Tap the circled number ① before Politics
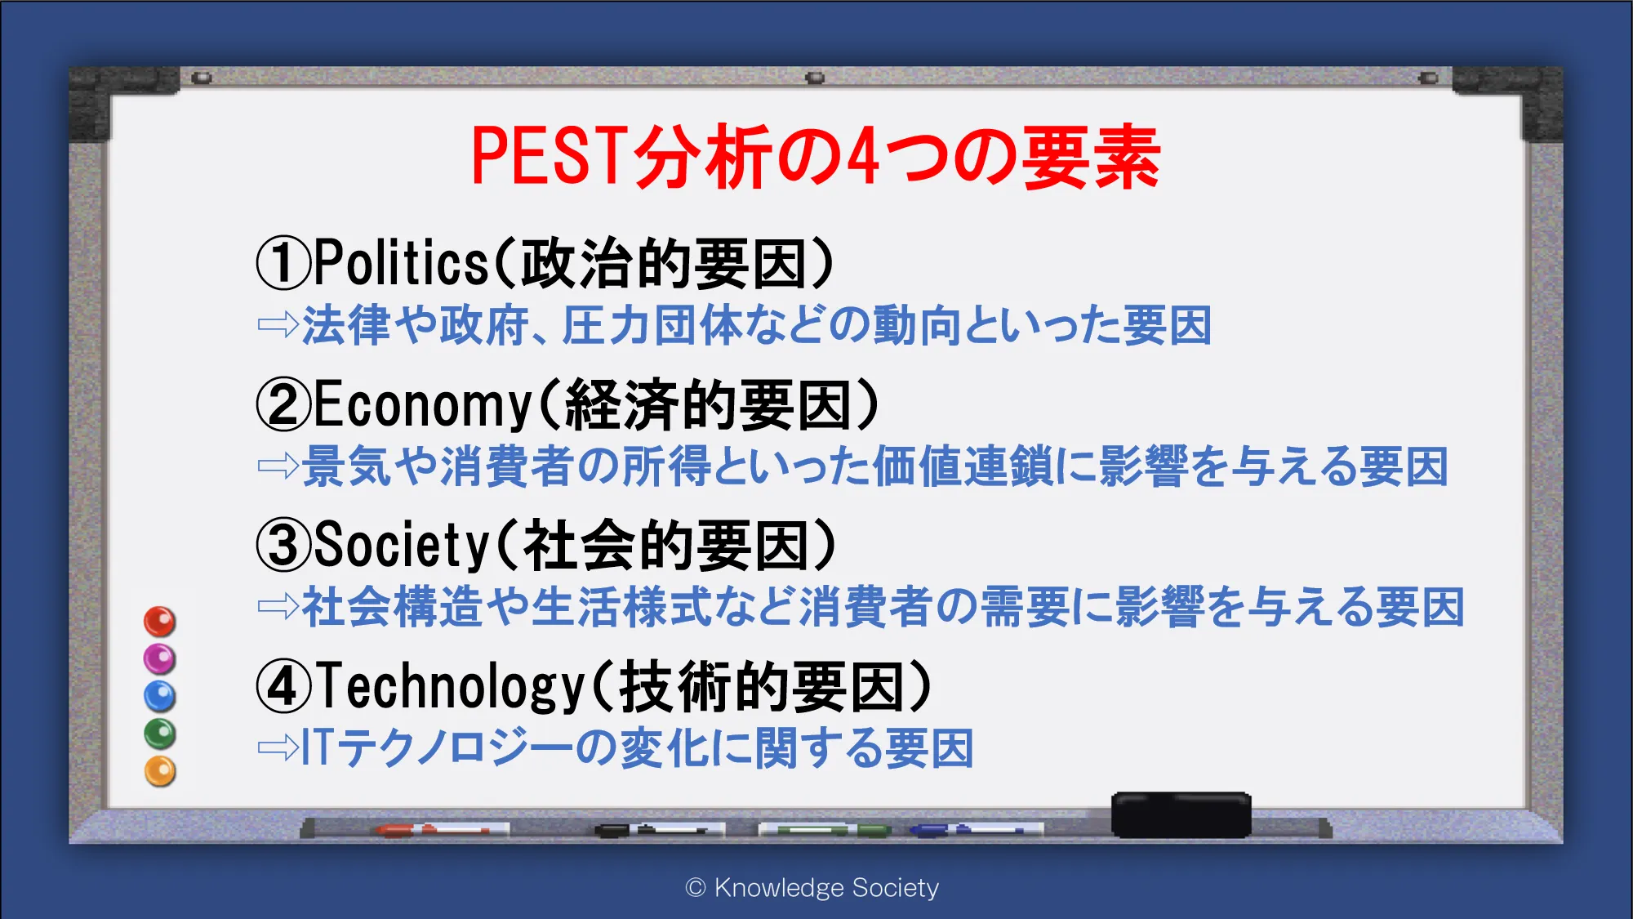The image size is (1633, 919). click(x=284, y=263)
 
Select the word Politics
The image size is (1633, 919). click(x=401, y=263)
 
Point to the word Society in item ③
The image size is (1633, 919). click(x=401, y=545)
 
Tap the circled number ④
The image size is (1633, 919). click(x=284, y=687)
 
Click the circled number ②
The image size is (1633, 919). click(x=284, y=404)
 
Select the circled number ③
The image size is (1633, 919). click(x=284, y=546)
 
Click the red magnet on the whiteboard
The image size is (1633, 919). click(x=160, y=622)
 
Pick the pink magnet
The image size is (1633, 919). click(x=160, y=658)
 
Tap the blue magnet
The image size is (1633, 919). click(x=160, y=696)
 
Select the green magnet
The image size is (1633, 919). click(x=160, y=734)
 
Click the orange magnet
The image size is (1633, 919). click(x=160, y=771)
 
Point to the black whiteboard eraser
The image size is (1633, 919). click(x=1181, y=814)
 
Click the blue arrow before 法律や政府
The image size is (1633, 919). click(x=278, y=325)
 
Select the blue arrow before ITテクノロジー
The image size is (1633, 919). click(x=278, y=747)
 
